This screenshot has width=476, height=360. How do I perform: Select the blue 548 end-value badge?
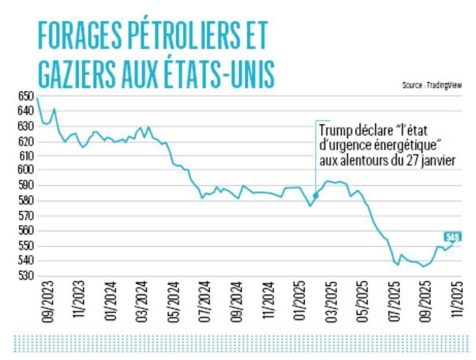(x=452, y=237)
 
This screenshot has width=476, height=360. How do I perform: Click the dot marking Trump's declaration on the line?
(x=315, y=196)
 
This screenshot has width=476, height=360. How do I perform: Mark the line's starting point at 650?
(x=38, y=97)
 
